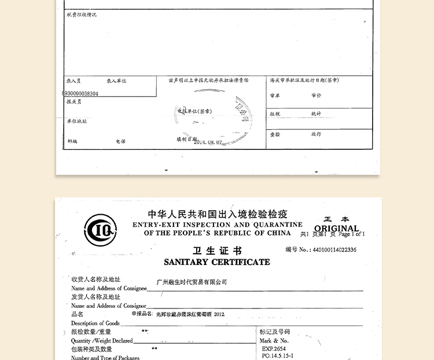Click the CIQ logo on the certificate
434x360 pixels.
tap(100, 230)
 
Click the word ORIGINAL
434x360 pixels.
tap(337, 228)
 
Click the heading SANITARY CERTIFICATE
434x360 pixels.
tap(216, 262)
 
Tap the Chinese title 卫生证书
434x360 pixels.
tap(217, 251)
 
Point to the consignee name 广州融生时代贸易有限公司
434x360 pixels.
tap(192, 282)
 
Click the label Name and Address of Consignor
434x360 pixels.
tap(109, 306)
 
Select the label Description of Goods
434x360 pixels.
tap(95, 323)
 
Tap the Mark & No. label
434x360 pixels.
tap(274, 341)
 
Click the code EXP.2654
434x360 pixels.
tap(274, 349)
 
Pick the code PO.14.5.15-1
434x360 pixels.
tap(278, 356)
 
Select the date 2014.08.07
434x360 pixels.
tap(208, 142)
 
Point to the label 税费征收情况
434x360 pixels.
tap(82, 14)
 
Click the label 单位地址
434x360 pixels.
tap(76, 122)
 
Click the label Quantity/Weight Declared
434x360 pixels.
tap(102, 341)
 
